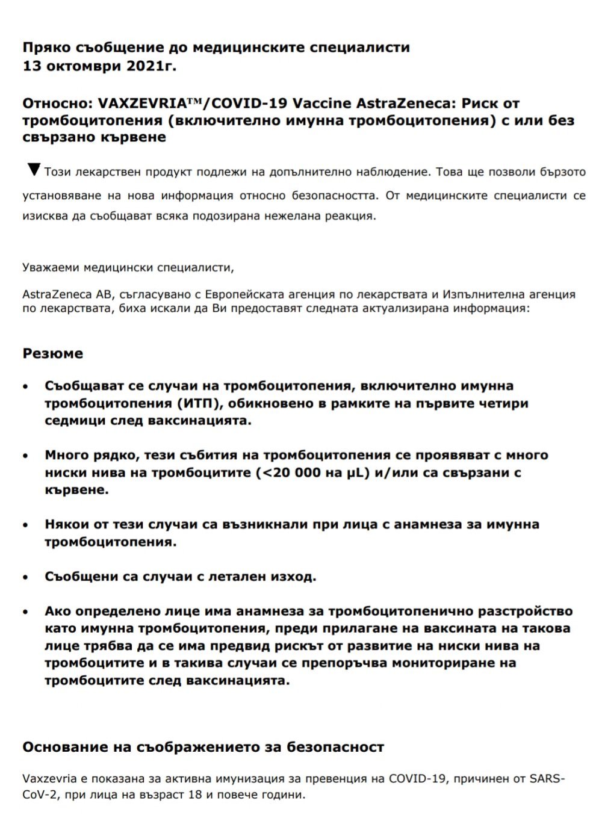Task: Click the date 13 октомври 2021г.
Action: (x=99, y=66)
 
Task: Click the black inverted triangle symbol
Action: (x=34, y=170)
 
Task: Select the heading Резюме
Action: (x=52, y=353)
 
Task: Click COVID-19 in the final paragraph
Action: (x=417, y=778)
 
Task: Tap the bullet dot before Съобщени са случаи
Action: (x=25, y=577)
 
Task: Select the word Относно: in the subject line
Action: (x=56, y=103)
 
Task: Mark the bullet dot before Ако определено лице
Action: (x=25, y=612)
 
